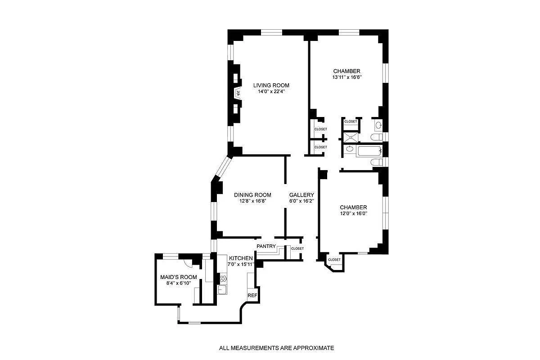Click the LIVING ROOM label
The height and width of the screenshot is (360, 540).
pos(271,85)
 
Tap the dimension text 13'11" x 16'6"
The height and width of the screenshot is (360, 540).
pos(346,77)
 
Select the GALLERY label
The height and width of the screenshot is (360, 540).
pos(301,195)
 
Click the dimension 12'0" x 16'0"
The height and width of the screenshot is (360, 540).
pos(353,214)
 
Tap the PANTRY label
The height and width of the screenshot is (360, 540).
pos(266,246)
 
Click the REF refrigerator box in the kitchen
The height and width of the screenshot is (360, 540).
pos(252,295)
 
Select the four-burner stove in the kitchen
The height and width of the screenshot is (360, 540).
pos(223,278)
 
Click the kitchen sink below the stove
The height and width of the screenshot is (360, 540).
pos(222,289)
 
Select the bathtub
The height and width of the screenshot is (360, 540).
pos(369,151)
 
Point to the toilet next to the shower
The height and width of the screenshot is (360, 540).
pos(376,136)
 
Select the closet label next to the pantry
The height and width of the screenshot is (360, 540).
pos(297,248)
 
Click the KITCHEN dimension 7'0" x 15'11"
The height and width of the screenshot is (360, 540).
pos(241,264)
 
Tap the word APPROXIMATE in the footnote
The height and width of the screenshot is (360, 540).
pos(314,348)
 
